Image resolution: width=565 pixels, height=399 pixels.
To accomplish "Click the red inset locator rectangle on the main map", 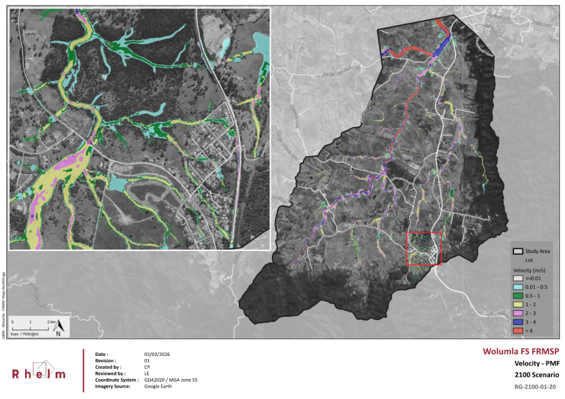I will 423,233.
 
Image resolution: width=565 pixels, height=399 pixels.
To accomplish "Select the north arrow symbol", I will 59,328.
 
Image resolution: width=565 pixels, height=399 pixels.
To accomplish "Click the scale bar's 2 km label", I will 49,320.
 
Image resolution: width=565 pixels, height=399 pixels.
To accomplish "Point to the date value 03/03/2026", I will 157,354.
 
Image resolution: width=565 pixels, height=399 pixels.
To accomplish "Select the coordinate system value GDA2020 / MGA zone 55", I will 171,380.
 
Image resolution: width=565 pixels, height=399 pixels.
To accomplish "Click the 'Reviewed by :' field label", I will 110,373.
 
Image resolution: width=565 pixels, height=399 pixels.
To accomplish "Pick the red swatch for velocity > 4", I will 517,330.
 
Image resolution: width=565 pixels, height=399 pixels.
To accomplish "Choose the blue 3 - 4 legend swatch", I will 517,321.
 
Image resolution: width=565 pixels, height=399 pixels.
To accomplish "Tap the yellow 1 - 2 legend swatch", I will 517,304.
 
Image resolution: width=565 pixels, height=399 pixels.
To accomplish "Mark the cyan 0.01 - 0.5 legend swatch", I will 517,286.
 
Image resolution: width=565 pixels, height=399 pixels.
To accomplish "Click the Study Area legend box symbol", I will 517,251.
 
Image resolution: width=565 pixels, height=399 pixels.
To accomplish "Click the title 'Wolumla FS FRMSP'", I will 521,351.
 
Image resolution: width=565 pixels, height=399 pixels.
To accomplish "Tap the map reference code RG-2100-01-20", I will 535,387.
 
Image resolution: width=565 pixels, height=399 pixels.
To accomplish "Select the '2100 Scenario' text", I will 536,375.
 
